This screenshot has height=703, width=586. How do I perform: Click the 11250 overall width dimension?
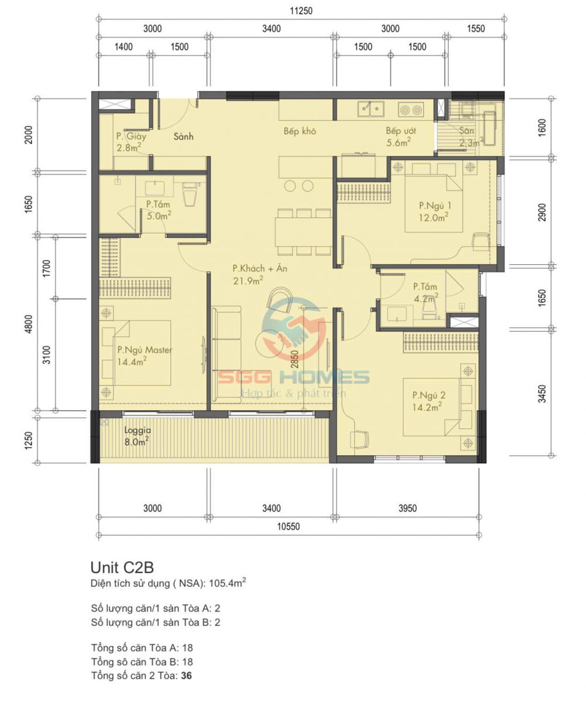coord(301,11)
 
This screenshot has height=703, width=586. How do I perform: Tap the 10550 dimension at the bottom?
coord(288,526)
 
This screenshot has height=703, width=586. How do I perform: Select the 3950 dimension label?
coord(407,508)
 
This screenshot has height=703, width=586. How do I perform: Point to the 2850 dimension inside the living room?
coord(294,359)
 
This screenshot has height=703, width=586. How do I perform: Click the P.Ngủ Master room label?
coord(145,350)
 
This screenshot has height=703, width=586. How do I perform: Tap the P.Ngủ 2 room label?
coord(429,395)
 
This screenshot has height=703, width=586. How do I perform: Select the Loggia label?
coord(138,430)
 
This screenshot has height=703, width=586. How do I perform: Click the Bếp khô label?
coord(300,131)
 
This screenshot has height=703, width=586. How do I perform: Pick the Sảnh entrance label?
coord(183,136)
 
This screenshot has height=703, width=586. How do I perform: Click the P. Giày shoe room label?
coord(131,136)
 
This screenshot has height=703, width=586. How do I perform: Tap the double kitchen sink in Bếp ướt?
coord(371,108)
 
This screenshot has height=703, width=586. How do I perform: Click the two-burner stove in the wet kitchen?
coord(411,110)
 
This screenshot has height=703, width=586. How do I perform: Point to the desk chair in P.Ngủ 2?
coord(359,439)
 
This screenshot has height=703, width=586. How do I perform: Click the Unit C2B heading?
coord(122,567)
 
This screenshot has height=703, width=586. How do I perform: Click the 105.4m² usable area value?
coord(227,583)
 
